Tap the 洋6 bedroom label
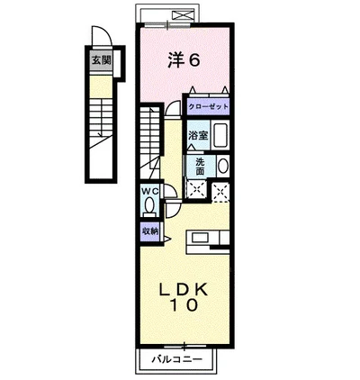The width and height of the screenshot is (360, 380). [184, 59]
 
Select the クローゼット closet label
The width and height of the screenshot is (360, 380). [208, 106]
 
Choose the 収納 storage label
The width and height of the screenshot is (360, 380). [149, 231]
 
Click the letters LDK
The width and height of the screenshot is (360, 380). [184, 289]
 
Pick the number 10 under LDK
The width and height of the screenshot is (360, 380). [184, 306]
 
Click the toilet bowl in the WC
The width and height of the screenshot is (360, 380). [149, 206]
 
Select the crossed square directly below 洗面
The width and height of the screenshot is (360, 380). [197, 188]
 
